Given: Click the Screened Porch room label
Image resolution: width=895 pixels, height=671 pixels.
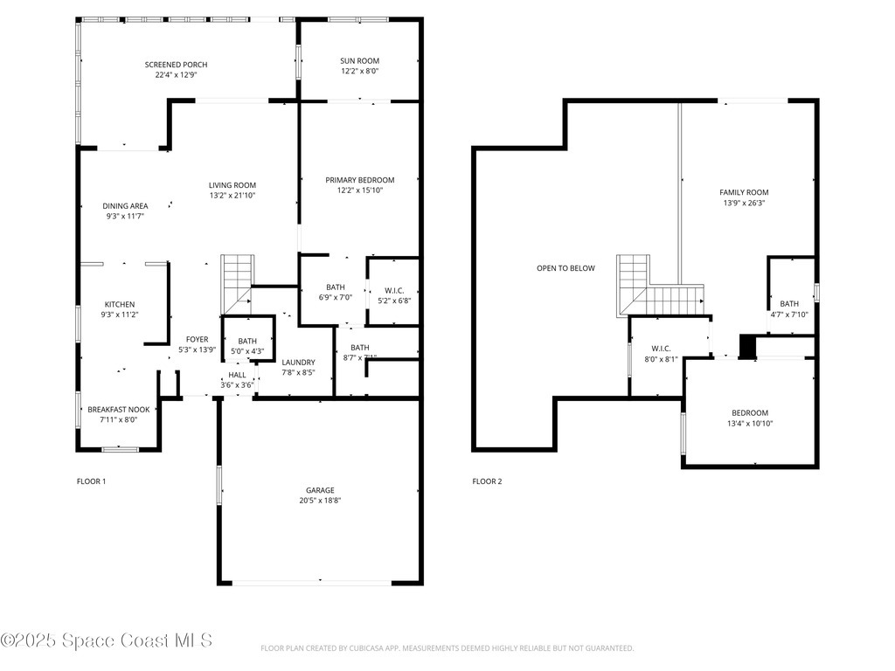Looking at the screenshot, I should (x=176, y=65).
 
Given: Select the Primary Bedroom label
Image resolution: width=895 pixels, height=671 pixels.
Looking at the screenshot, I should (x=360, y=180).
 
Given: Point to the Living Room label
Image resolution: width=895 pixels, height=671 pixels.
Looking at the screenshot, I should (x=232, y=184).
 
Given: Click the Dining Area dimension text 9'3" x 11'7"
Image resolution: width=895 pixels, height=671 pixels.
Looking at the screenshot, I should (x=125, y=217).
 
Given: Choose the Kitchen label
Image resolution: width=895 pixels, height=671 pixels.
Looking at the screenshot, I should (x=120, y=304).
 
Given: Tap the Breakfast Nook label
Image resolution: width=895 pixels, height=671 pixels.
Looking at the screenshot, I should (x=119, y=409).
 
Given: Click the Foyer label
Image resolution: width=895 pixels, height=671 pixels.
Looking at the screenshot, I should (x=197, y=339).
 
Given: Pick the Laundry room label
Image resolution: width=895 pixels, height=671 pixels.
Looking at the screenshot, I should (x=298, y=362).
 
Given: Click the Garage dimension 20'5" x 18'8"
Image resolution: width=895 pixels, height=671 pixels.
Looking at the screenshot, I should (x=320, y=502).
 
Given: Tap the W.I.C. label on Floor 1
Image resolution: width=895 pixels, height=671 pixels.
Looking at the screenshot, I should (x=392, y=290).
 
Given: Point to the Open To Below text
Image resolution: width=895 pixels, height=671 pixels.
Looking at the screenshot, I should (x=565, y=268).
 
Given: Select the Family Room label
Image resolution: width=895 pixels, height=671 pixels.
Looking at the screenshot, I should (x=744, y=192).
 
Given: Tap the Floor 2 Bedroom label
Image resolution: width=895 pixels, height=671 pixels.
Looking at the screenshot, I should (x=750, y=413).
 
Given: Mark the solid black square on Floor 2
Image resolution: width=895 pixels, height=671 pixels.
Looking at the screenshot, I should (x=746, y=347).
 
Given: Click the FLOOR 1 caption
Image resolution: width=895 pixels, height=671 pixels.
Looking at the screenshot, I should (x=91, y=481).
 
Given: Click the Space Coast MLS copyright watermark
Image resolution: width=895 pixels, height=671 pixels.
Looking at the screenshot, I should (x=107, y=641).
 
